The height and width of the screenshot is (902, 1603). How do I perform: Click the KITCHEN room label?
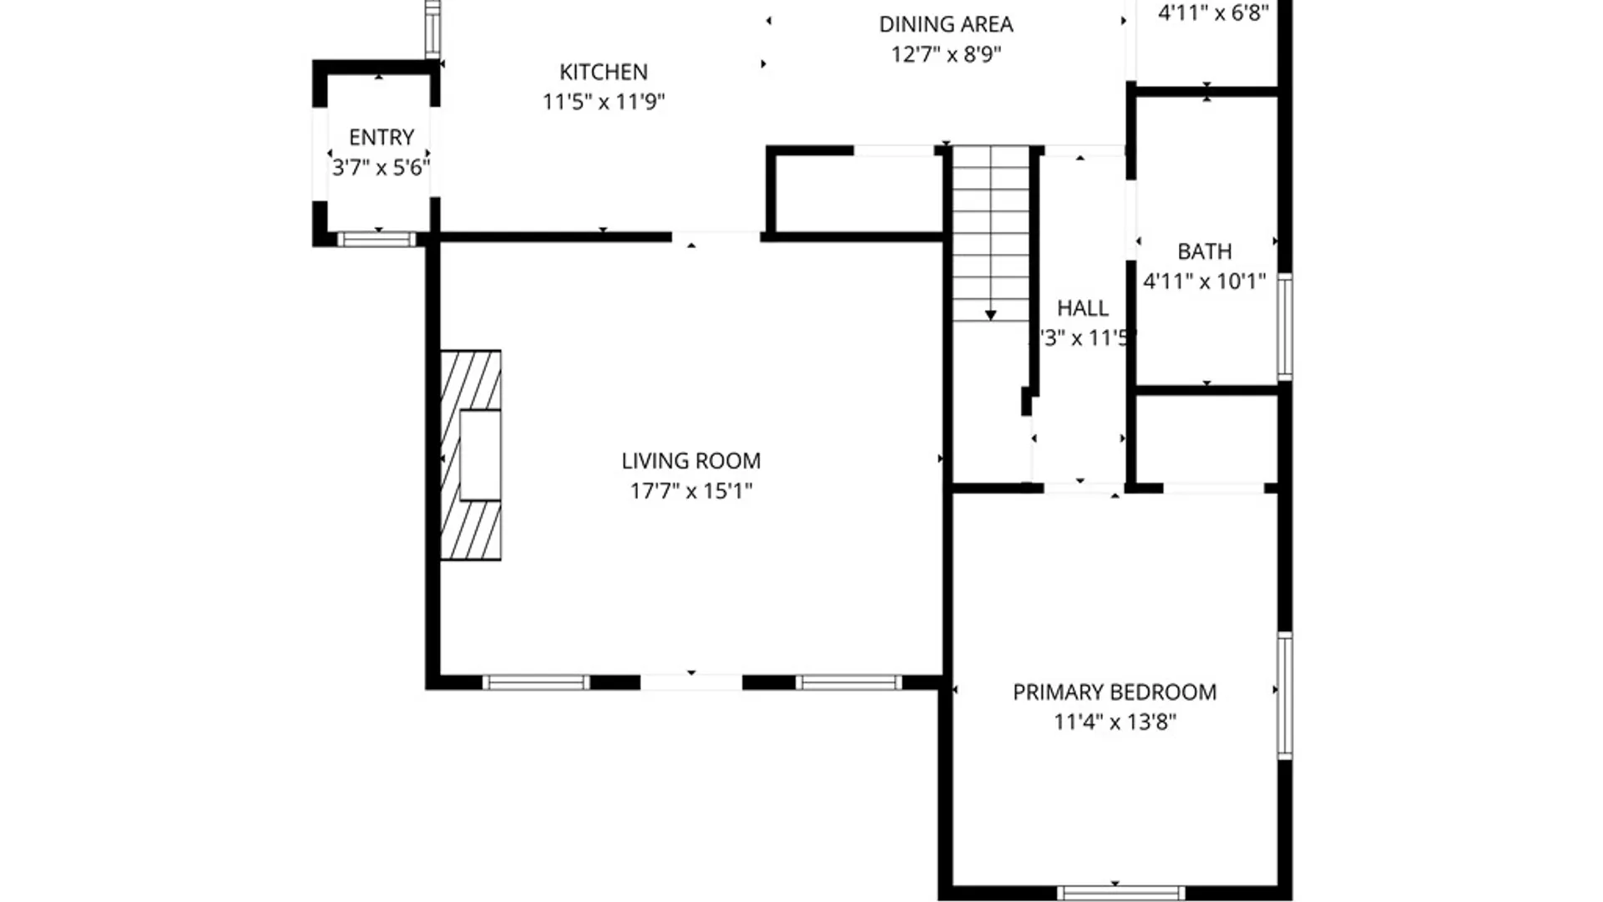pyautogui.click(x=603, y=72)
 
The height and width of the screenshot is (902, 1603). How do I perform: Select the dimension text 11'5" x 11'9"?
pyautogui.click(x=603, y=102)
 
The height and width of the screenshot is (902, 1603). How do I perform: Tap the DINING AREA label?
pyautogui.click(x=945, y=24)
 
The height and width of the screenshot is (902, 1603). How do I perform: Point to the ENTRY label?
pyautogui.click(x=381, y=137)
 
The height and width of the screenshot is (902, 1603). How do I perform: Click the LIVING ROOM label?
pyautogui.click(x=690, y=461)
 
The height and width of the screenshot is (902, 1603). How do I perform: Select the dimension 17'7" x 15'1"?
pyautogui.click(x=690, y=491)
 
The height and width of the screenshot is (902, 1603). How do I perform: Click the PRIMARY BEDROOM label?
pyautogui.click(x=1114, y=692)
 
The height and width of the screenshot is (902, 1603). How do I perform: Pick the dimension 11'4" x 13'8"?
pyautogui.click(x=1114, y=722)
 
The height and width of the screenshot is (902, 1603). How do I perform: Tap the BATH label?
pyautogui.click(x=1204, y=251)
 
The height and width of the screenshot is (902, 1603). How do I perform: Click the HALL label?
pyautogui.click(x=1082, y=308)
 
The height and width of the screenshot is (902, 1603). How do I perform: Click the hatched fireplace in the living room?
pyautogui.click(x=470, y=455)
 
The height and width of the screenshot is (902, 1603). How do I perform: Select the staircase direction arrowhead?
pyautogui.click(x=990, y=315)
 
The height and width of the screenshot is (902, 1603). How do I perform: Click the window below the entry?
pyautogui.click(x=377, y=240)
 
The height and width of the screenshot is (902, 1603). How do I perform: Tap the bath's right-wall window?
pyautogui.click(x=1285, y=327)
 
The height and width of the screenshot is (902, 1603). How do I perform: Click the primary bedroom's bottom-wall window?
pyautogui.click(x=1120, y=893)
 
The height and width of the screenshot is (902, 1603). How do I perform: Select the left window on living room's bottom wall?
pyautogui.click(x=536, y=683)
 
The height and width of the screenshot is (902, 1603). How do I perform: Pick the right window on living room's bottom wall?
pyautogui.click(x=848, y=683)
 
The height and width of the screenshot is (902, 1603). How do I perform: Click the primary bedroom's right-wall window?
pyautogui.click(x=1285, y=696)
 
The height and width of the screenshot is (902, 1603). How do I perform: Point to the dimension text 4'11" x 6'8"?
pyautogui.click(x=1212, y=13)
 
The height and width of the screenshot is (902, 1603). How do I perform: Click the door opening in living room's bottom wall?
pyautogui.click(x=690, y=683)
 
